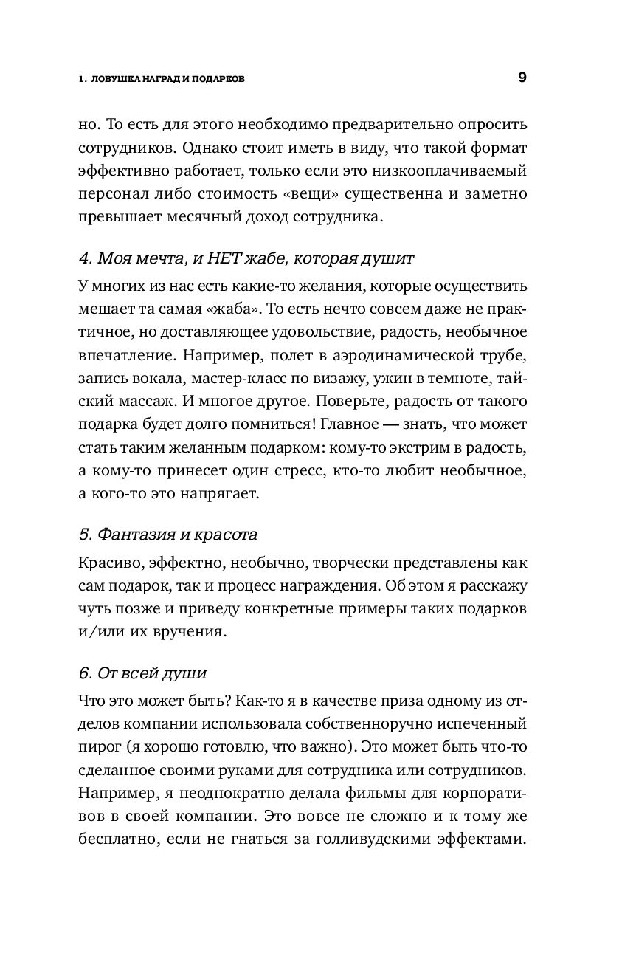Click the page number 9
click(522, 78)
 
